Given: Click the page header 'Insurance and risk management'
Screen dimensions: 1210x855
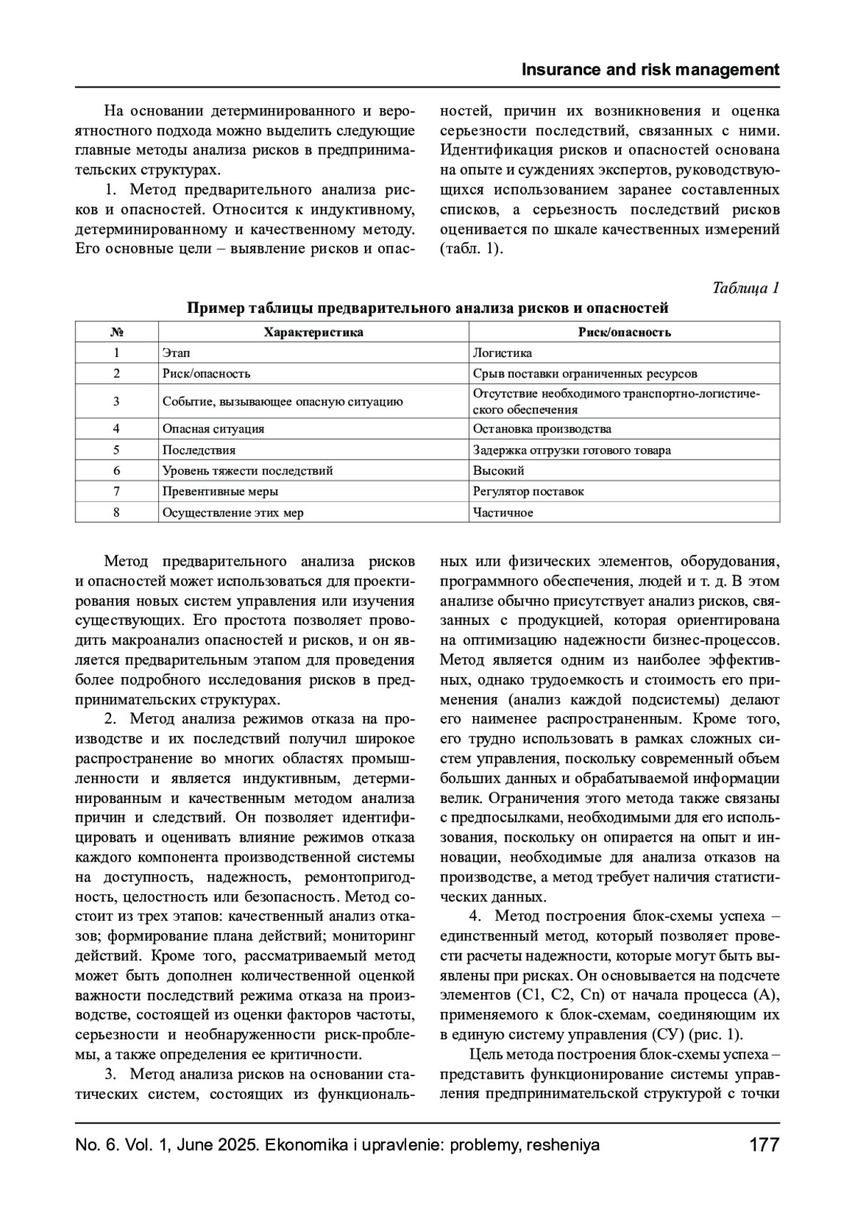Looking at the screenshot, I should [651, 70].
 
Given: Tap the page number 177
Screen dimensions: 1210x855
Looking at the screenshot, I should [765, 1145].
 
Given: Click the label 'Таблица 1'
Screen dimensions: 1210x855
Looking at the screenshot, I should [746, 288].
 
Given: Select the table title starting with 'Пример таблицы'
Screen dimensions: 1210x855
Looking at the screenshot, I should [427, 309].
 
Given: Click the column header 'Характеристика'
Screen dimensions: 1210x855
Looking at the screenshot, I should [313, 332].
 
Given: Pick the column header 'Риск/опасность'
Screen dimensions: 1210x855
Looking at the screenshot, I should [624, 332].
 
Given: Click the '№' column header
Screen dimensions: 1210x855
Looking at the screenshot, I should [117, 332].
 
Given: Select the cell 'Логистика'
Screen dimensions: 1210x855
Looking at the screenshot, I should [502, 353].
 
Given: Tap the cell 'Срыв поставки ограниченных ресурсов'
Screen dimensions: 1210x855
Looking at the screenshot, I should [585, 373].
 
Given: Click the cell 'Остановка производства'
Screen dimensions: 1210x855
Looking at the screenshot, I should [542, 429].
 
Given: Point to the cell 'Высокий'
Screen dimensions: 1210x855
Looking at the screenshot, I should [499, 471].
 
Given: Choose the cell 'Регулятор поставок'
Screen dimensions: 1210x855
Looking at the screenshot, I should [529, 492].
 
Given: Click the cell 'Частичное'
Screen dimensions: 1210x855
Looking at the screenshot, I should [503, 513].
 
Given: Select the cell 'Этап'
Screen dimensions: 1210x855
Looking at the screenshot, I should [176, 353].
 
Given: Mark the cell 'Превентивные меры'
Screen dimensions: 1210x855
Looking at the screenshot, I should [220, 492].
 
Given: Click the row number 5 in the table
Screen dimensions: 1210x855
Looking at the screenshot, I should [117, 450].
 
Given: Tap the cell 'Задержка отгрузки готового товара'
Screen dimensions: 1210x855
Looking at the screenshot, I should [572, 450].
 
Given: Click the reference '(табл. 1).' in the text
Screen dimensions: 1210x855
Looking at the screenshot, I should [472, 249].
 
